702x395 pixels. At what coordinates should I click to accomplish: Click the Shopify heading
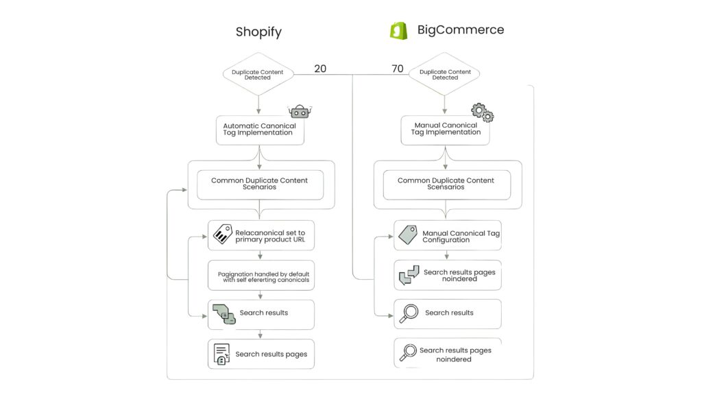258,32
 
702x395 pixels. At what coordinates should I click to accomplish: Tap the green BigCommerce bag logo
398,31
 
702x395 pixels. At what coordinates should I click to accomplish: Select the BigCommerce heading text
460,30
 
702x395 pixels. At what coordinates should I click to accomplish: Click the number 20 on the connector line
320,69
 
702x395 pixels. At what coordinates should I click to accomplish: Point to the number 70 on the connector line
398,69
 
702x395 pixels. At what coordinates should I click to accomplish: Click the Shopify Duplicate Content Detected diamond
258,74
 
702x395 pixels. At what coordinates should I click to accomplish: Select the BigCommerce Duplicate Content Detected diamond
445,74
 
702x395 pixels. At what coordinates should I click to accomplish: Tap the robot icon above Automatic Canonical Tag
300,111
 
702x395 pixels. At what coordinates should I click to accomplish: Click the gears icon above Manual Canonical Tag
483,112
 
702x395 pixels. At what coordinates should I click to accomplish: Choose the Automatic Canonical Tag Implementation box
260,130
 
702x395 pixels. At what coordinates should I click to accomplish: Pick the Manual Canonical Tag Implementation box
445,130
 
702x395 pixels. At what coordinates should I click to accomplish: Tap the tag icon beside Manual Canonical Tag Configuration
408,235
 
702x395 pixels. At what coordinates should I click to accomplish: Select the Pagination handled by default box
261,277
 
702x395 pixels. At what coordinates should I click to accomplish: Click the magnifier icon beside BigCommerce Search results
409,313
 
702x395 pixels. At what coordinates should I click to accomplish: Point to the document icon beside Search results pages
221,355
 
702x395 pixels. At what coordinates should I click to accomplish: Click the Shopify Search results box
261,314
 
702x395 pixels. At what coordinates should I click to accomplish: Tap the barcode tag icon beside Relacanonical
222,235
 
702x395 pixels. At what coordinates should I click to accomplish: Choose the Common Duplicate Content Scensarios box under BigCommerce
446,184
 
